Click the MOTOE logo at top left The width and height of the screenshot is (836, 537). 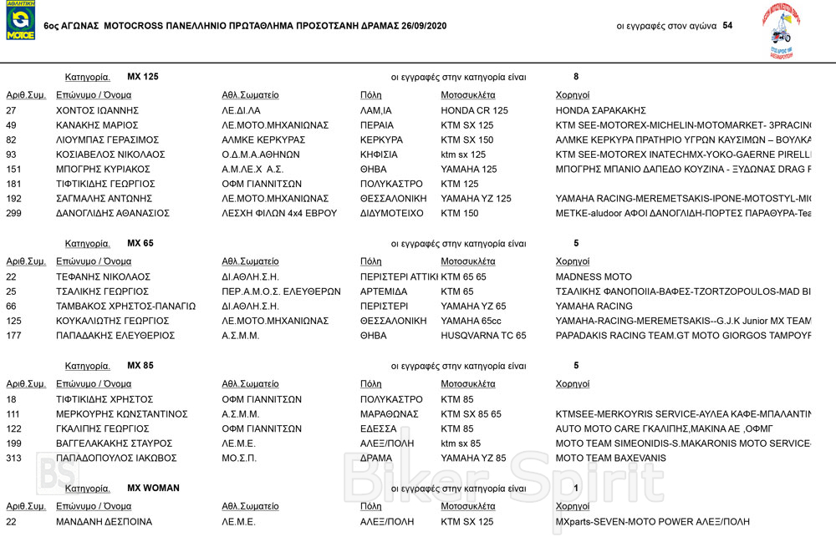click(x=20, y=21)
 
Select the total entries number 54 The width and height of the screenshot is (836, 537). click(x=727, y=25)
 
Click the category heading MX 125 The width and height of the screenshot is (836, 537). click(x=143, y=77)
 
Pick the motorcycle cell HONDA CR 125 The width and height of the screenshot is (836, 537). click(x=474, y=110)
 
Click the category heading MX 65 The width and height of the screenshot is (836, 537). click(x=140, y=243)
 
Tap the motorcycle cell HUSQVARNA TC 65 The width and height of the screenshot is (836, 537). click(x=483, y=336)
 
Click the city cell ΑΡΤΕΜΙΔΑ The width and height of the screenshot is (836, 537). click(x=384, y=291)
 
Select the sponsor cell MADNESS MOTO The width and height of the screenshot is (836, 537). click(x=594, y=276)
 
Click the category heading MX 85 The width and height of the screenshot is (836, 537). click(x=140, y=365)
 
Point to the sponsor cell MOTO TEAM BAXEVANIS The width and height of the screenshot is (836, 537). click(x=611, y=458)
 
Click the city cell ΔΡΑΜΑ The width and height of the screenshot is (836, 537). click(x=377, y=458)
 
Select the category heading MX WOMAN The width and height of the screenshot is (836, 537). click(x=153, y=488)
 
